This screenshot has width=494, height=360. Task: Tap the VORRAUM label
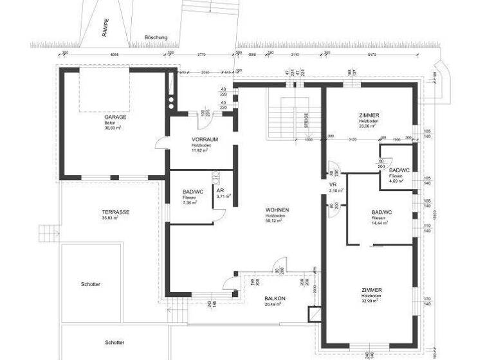(x=203, y=139)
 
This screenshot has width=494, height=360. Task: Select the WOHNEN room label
(x=277, y=210)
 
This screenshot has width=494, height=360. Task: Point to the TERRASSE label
(x=116, y=212)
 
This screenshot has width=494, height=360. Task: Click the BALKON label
(x=275, y=299)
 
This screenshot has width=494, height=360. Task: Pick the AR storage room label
(x=220, y=191)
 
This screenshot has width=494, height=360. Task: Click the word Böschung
(x=156, y=38)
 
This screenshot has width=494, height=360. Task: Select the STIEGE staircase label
(x=307, y=122)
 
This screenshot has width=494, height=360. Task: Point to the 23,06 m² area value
(x=369, y=126)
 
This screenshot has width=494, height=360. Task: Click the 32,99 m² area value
(x=371, y=300)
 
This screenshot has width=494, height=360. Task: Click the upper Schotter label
(x=91, y=283)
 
